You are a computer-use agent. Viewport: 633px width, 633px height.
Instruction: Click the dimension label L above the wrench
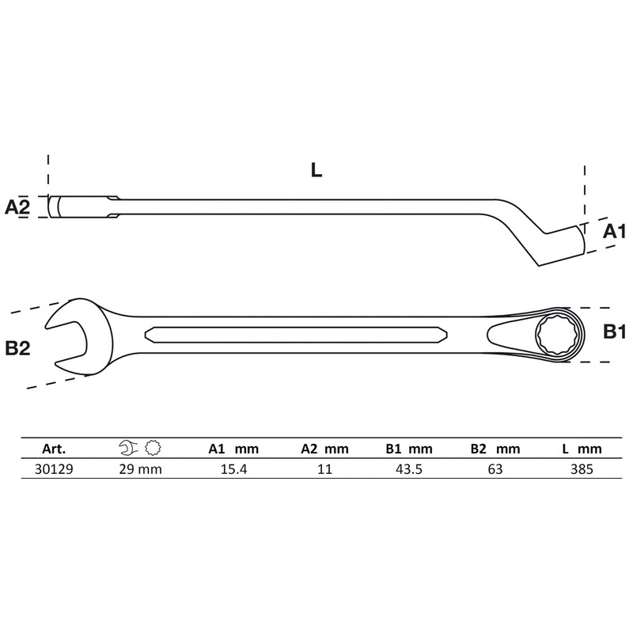pos(316,170)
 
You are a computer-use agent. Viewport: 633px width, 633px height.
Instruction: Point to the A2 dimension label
pos(17,207)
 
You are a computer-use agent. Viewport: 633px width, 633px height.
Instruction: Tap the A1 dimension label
pos(614,231)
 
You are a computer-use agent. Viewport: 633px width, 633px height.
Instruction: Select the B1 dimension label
pos(614,332)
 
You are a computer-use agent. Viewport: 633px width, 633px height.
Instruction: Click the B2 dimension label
pos(17,347)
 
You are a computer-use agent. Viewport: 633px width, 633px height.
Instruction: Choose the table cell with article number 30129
pos(52,468)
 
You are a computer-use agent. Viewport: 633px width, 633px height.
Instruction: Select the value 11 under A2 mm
pos(324,468)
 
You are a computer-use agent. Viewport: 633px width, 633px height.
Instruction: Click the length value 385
pos(582,468)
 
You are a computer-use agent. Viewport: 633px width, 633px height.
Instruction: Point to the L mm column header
pos(582,449)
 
